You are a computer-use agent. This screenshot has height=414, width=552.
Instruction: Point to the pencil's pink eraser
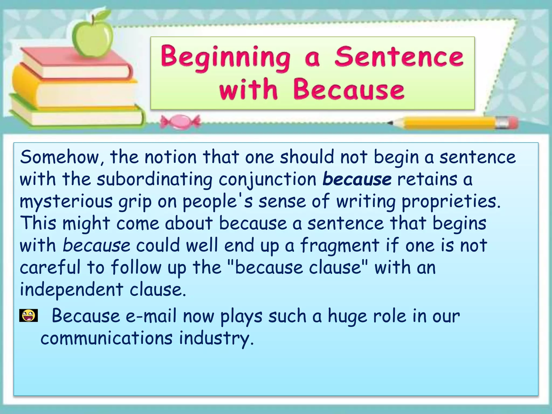coord(512,122)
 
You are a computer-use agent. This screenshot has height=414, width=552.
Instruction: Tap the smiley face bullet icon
coord(28,316)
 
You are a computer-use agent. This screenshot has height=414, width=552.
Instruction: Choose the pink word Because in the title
coord(349,89)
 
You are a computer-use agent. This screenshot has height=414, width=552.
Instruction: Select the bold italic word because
coord(357,179)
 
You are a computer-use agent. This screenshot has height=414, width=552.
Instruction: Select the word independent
coord(71,289)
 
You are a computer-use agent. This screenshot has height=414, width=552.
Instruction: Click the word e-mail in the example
coord(151,316)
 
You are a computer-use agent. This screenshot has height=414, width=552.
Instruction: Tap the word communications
coord(106,338)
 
